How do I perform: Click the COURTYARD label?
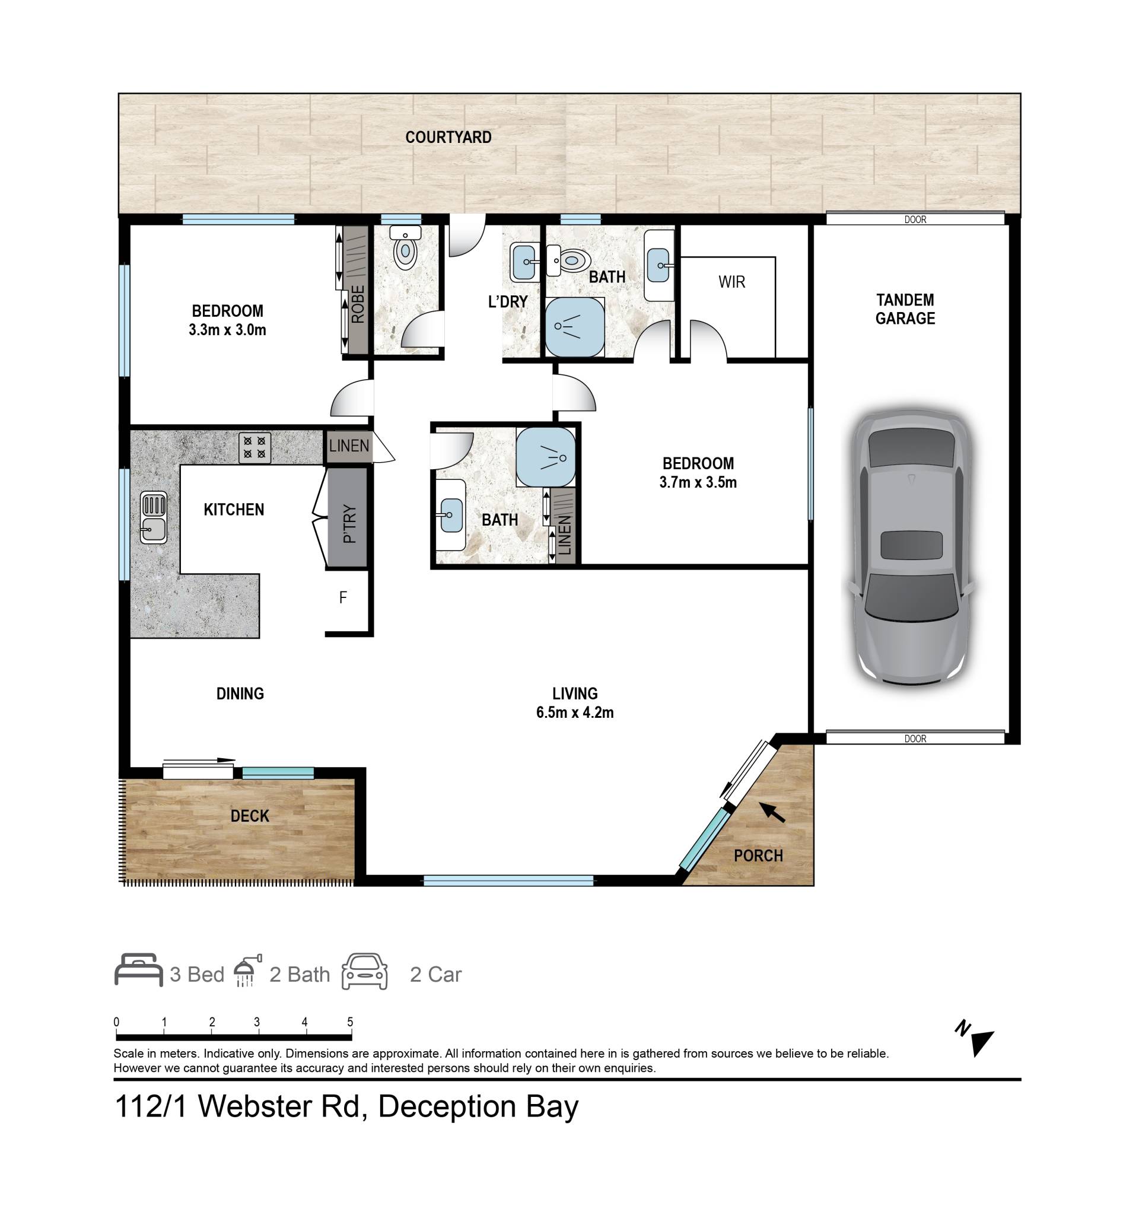click(448, 138)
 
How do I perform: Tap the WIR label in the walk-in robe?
click(731, 282)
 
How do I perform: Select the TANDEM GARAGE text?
click(905, 309)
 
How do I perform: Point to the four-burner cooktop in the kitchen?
click(254, 448)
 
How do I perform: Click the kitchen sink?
click(153, 517)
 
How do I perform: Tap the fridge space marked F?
click(343, 598)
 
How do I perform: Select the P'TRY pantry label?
click(349, 524)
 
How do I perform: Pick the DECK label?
click(249, 816)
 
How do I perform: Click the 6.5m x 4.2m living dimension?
click(575, 712)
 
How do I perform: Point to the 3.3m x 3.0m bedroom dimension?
click(227, 330)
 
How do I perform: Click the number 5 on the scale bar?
click(349, 1022)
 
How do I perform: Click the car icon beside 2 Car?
click(364, 971)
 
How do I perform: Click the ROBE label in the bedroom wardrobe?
click(358, 304)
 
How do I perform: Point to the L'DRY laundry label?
click(508, 301)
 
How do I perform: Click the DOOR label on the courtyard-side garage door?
click(915, 219)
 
